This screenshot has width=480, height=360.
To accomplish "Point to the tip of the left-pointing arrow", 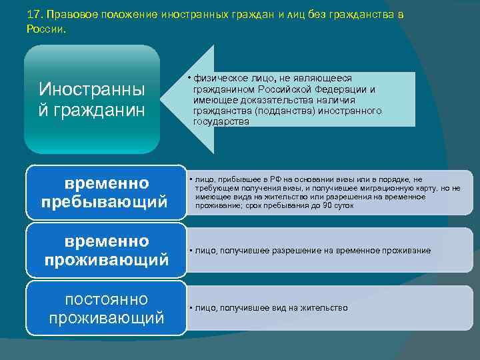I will tap(165, 99).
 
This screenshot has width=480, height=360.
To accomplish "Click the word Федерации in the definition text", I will tap(346, 89).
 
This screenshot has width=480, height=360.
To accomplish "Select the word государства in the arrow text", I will tap(220, 122).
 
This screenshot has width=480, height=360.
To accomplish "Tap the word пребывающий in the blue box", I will tap(105, 202).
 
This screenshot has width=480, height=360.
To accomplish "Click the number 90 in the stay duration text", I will tap(327, 206).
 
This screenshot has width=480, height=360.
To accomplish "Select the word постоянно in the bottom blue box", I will tap(107, 299).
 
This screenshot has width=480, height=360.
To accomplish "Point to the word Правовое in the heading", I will tap(73, 15).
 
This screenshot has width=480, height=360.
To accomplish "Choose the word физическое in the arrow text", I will tap(219, 78).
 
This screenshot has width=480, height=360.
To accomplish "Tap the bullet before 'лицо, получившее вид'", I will tap(191, 308).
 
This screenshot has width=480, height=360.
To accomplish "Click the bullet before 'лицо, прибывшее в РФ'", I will tap(191, 179).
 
